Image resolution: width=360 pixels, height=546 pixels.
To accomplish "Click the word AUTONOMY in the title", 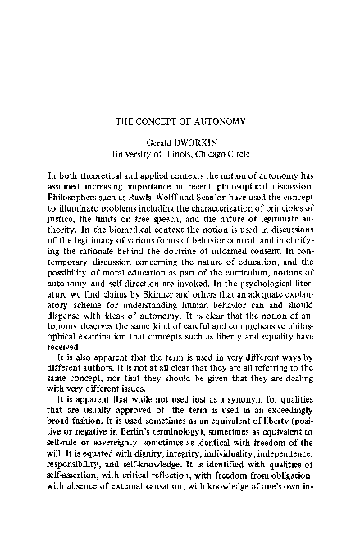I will pos(214,121).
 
